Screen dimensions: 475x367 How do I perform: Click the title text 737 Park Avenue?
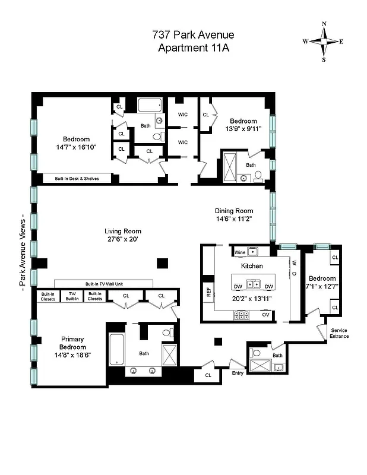pyautogui.click(x=185, y=36)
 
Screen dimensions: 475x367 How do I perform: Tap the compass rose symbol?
pyautogui.click(x=324, y=42)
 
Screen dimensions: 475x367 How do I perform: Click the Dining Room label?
pyautogui.click(x=234, y=211)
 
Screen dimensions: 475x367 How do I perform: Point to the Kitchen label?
pyautogui.click(x=252, y=267)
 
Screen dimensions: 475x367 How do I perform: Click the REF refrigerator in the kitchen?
pyautogui.click(x=208, y=292)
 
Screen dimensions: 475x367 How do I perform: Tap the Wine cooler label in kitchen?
pyautogui.click(x=241, y=252)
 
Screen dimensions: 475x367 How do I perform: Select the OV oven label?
pyautogui.click(x=265, y=313)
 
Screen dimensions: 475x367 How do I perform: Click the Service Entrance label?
pyautogui.click(x=340, y=333)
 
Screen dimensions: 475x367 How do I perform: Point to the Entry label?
pyautogui.click(x=238, y=373)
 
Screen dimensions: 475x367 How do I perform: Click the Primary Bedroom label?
pyautogui.click(x=73, y=343)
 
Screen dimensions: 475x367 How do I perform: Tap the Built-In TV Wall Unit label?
pyautogui.click(x=104, y=284)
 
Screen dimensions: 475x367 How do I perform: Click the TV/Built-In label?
pyautogui.click(x=72, y=296)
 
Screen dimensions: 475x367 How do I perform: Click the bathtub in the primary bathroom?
pyautogui.click(x=115, y=350)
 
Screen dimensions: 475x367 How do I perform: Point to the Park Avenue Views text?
pyautogui.click(x=23, y=250)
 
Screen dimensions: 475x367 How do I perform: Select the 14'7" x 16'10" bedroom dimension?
pyautogui.click(x=77, y=147)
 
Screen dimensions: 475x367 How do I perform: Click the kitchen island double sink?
pyautogui.click(x=254, y=284)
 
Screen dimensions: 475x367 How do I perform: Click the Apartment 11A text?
pyautogui.click(x=185, y=48)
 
